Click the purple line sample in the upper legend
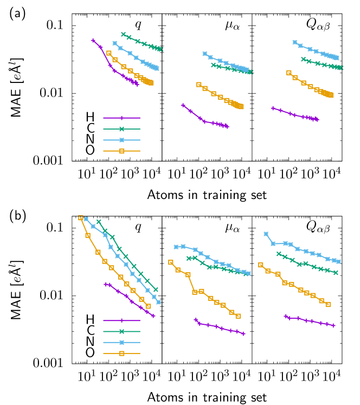click(x=121, y=118)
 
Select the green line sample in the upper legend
click(x=121, y=129)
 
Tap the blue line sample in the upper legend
click(x=121, y=140)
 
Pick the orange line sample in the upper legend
click(x=121, y=151)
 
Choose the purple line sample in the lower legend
click(x=121, y=320)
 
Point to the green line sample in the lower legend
click(x=121, y=331)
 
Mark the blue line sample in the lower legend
click(x=121, y=342)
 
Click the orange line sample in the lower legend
click(x=121, y=353)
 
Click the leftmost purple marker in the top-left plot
click(x=93, y=40)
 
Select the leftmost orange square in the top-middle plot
click(x=199, y=85)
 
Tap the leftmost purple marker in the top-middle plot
click(x=183, y=105)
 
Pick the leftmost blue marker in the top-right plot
click(x=295, y=42)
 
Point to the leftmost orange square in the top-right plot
click(x=289, y=73)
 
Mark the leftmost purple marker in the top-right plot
click(x=273, y=108)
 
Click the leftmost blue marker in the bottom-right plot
click(x=266, y=234)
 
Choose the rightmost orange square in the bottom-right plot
click(x=328, y=305)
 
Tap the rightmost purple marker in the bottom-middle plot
click(x=243, y=333)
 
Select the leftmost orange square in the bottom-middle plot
click(x=171, y=262)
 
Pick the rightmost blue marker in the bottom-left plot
click(x=158, y=302)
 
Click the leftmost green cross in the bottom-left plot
click(x=99, y=221)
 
